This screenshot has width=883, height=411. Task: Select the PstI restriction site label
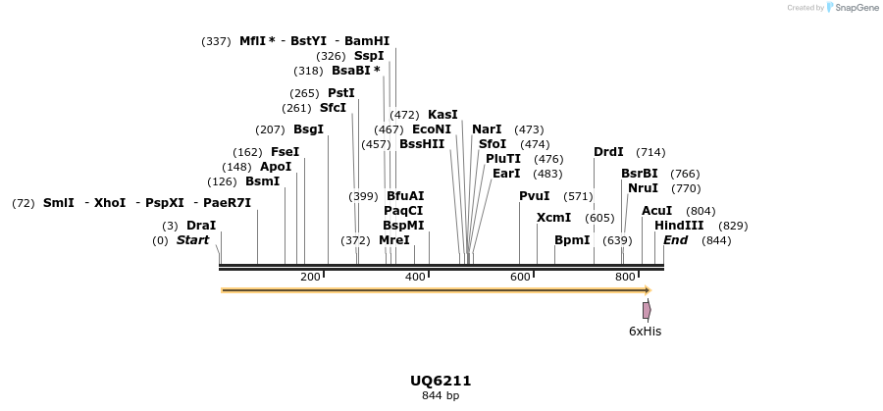(340, 93)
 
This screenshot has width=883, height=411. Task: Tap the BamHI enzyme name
(367, 41)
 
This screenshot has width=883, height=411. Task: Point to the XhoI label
(110, 203)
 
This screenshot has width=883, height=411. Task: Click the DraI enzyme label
(201, 226)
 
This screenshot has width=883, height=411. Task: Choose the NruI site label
(643, 188)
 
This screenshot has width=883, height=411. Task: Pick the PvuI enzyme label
(535, 196)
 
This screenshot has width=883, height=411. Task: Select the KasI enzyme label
(442, 115)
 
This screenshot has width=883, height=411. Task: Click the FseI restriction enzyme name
(285, 152)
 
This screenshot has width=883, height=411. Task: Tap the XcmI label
(553, 218)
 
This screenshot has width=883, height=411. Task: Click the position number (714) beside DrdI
(650, 152)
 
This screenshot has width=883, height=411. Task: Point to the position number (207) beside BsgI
(270, 129)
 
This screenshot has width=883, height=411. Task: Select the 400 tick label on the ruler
(415, 278)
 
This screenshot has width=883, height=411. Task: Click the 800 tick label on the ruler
(625, 278)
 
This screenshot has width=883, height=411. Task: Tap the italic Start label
(193, 240)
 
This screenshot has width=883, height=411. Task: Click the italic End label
(675, 240)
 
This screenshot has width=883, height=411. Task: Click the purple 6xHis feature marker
(647, 310)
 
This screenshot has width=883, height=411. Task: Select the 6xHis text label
(645, 332)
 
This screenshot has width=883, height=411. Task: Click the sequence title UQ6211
(441, 381)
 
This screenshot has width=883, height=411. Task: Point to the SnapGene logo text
(857, 8)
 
